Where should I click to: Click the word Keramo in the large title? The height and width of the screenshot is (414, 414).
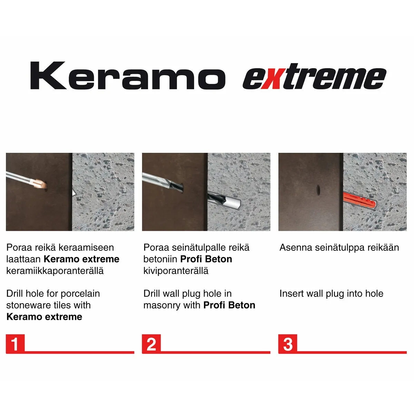(x=128, y=76)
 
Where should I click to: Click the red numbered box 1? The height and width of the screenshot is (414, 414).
(x=15, y=344)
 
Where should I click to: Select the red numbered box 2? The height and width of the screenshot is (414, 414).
(x=151, y=344)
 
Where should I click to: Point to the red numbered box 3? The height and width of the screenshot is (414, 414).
(x=288, y=344)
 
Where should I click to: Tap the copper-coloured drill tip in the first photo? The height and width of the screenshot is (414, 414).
(x=40, y=184)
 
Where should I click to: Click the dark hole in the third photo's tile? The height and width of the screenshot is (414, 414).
(x=318, y=189)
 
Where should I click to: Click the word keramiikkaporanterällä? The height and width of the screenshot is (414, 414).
(x=55, y=271)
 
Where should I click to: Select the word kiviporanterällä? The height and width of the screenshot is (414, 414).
(x=176, y=271)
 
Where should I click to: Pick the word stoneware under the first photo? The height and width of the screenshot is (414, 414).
(x=27, y=305)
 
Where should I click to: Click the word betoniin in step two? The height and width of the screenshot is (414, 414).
(x=160, y=259)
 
